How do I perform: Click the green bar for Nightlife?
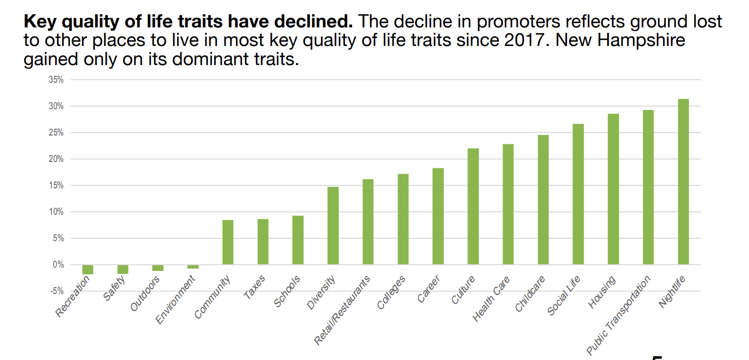point(683,181)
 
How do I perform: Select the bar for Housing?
point(613,189)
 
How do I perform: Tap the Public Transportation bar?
point(648,187)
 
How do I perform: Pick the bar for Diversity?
point(333,225)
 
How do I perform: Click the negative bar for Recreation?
point(88,270)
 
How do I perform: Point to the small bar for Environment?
point(193,267)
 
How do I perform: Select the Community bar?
point(228,242)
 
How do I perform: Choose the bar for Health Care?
point(508,204)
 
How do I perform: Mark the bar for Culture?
point(473,206)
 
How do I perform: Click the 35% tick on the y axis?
point(56,80)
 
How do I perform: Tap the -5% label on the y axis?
point(57,291)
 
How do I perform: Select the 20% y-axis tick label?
point(56,159)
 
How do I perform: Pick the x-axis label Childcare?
point(530,294)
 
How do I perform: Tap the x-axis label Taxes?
point(254,287)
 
